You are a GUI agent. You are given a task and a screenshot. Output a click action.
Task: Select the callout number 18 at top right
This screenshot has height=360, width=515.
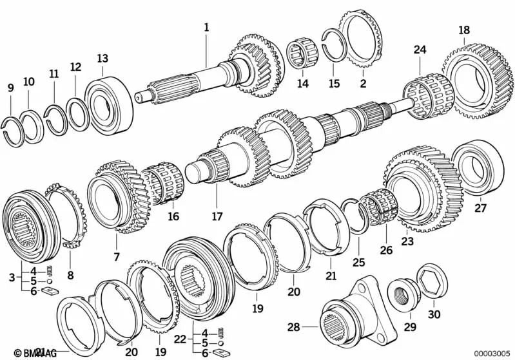point(464,30)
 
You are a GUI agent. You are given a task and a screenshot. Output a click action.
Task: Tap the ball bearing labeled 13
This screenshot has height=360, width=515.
point(108,102)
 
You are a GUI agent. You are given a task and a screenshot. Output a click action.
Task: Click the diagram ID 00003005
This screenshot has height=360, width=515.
point(491,353)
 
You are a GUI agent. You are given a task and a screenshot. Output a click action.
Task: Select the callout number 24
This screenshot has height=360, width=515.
point(420,50)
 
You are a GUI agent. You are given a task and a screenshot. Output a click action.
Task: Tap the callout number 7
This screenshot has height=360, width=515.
point(117,257)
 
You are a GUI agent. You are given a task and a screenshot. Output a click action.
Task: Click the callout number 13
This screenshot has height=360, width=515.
point(102,59)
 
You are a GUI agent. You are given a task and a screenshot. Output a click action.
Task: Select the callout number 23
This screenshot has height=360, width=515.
point(407,242)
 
